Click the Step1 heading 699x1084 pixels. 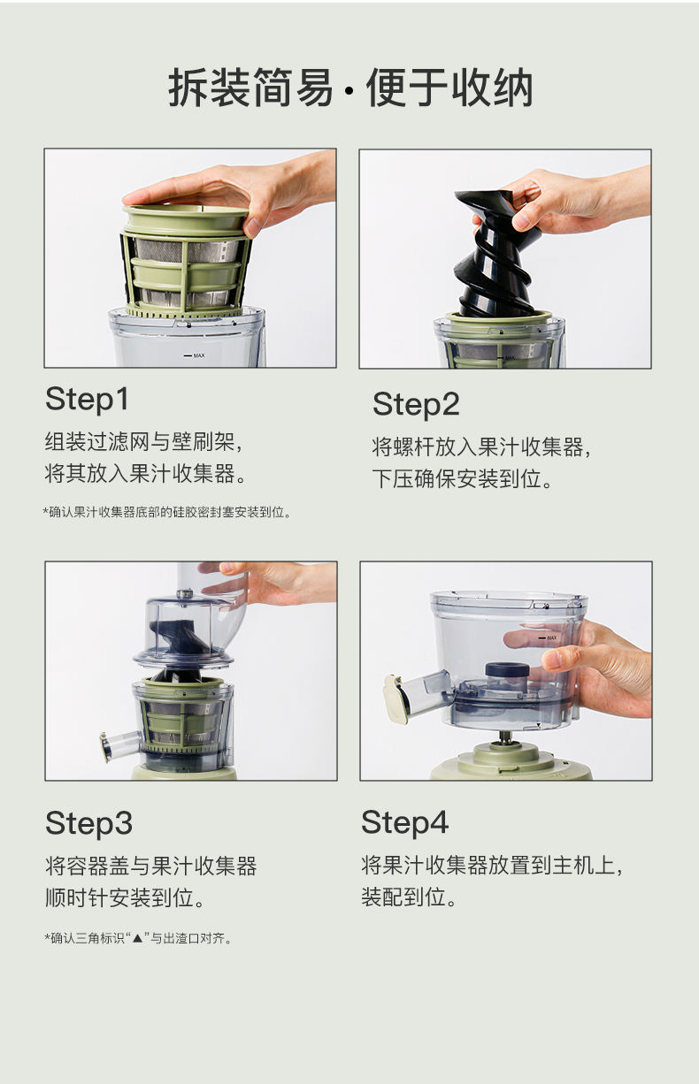click(x=88, y=400)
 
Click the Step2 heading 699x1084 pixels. click(x=416, y=405)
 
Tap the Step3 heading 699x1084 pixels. click(x=88, y=824)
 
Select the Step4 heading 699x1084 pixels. click(x=405, y=822)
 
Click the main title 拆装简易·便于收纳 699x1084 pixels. click(x=350, y=88)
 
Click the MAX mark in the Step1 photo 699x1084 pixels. click(x=195, y=355)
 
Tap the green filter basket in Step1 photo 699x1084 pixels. click(x=187, y=262)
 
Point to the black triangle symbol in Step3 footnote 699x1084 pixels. click(x=138, y=938)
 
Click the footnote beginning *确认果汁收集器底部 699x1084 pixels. click(x=167, y=512)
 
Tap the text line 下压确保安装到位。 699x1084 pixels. click(x=462, y=479)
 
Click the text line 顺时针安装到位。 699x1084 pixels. click(x=125, y=897)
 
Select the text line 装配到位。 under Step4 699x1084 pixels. click(x=409, y=897)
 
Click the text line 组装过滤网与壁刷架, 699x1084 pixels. click(x=143, y=442)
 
